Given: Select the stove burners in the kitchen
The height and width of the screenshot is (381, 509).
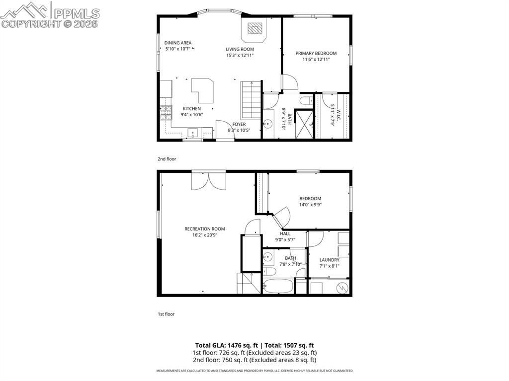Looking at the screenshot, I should pyautogui.click(x=165, y=114).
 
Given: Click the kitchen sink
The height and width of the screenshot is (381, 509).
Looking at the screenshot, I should pyautogui.click(x=193, y=133).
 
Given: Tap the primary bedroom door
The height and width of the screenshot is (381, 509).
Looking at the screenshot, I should pyautogui.click(x=289, y=82).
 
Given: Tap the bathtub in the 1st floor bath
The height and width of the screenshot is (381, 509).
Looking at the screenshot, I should pyautogui.click(x=278, y=287).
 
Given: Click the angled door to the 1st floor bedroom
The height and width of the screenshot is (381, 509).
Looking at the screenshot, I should pyautogui.click(x=282, y=216).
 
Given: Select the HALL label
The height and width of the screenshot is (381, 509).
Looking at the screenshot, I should pyautogui.click(x=285, y=233).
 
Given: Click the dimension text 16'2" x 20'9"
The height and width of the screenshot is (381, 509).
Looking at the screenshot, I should pyautogui.click(x=204, y=235).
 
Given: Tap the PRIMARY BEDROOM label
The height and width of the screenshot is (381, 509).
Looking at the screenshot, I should pyautogui.click(x=316, y=53).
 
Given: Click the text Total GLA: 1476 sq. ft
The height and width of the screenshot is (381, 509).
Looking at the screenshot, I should pyautogui.click(x=227, y=345).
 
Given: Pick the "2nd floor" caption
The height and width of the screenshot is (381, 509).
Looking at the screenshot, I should pyautogui.click(x=167, y=159).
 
